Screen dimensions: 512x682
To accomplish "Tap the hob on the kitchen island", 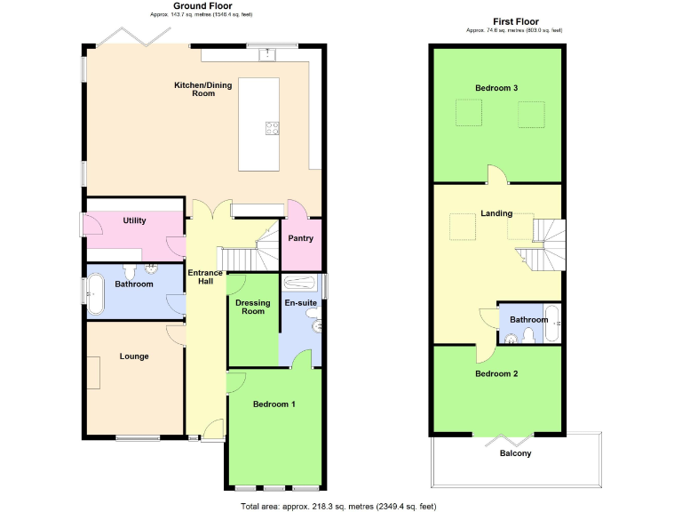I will [272, 127].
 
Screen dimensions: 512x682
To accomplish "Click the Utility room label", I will [135, 220].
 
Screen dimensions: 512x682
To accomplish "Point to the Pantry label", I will [302, 238].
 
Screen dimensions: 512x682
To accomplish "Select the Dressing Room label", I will [253, 307].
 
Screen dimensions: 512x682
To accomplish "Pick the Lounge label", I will [134, 356].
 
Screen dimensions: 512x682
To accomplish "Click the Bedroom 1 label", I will [274, 404].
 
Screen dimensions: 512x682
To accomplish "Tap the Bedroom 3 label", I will [496, 88].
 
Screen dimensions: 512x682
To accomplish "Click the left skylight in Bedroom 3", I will [467, 114].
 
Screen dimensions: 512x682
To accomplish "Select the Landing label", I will [496, 213].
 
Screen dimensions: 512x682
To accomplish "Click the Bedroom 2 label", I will [496, 373].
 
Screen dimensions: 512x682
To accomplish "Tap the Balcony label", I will [516, 453].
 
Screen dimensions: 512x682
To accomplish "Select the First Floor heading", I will [515, 20].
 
